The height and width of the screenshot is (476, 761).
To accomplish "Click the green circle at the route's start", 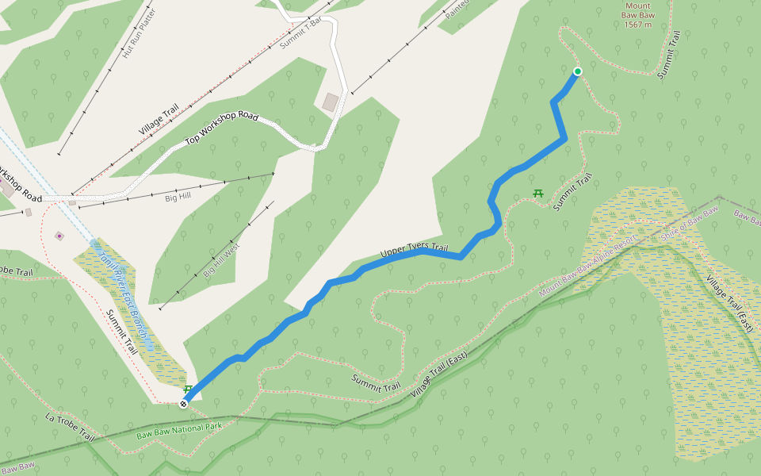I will [x=578, y=71].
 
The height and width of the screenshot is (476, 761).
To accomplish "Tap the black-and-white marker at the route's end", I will [x=184, y=404].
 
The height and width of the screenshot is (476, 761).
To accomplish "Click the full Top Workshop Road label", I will [x=222, y=129].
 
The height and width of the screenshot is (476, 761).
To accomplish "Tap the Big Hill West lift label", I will [x=221, y=260].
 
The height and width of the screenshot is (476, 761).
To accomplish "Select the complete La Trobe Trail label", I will [x=70, y=428].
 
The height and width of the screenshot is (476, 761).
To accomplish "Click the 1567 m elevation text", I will [x=637, y=25].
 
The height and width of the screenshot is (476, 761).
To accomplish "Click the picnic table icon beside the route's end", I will [x=188, y=390].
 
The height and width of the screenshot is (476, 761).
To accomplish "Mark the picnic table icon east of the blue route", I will [x=538, y=193].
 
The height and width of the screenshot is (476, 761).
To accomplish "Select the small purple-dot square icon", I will [x=59, y=236].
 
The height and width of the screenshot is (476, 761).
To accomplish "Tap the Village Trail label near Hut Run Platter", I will [x=159, y=120].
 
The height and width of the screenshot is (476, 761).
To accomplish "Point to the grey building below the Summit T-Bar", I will [x=330, y=102].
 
